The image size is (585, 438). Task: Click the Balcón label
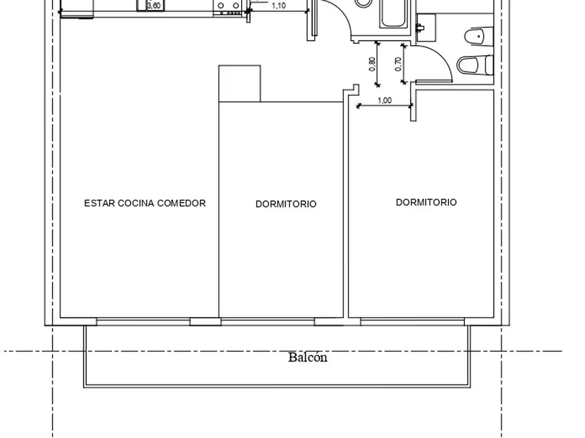click(308, 358)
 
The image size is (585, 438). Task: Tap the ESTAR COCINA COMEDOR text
click(145, 203)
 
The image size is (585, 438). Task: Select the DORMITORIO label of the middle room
click(286, 204)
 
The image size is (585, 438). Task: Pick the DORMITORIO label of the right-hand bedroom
click(426, 202)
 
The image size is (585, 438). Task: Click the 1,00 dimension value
click(384, 100)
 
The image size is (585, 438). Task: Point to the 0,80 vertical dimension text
click(372, 64)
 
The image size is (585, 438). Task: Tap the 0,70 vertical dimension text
click(398, 64)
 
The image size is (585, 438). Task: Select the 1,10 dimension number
click(279, 6)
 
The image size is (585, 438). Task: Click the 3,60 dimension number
click(154, 6)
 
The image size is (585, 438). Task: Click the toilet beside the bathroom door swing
click(475, 65)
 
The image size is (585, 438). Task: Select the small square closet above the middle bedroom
click(239, 83)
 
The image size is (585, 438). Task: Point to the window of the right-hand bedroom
click(412, 322)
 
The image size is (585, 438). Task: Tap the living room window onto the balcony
click(143, 322)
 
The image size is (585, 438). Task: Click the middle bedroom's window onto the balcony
click(268, 322)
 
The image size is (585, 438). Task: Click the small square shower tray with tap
click(426, 27)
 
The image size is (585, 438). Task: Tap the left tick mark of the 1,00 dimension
click(359, 106)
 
